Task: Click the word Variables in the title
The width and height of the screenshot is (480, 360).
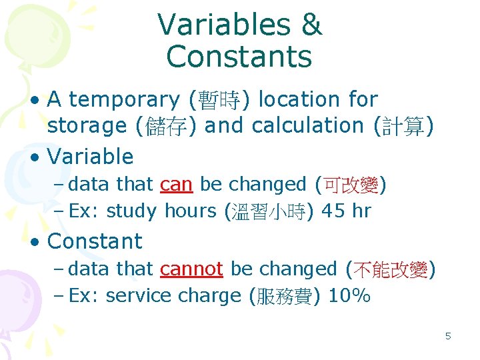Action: coord(223,25)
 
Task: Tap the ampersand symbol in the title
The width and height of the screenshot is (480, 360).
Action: coord(312,25)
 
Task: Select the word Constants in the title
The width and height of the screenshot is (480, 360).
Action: coord(239,57)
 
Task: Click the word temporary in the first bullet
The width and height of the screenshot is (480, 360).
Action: coord(124,100)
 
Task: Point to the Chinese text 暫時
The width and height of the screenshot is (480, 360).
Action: coord(219,101)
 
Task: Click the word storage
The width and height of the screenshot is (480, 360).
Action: coord(87,125)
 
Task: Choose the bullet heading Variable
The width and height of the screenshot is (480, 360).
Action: coord(91,157)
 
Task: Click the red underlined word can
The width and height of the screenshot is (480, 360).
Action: coord(177,184)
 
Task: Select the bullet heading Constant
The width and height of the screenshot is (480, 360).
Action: coord(95,241)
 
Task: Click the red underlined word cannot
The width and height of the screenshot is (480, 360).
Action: coord(191,269)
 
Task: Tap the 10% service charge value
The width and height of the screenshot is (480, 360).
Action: coord(350,296)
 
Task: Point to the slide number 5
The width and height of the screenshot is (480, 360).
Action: coord(448,336)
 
